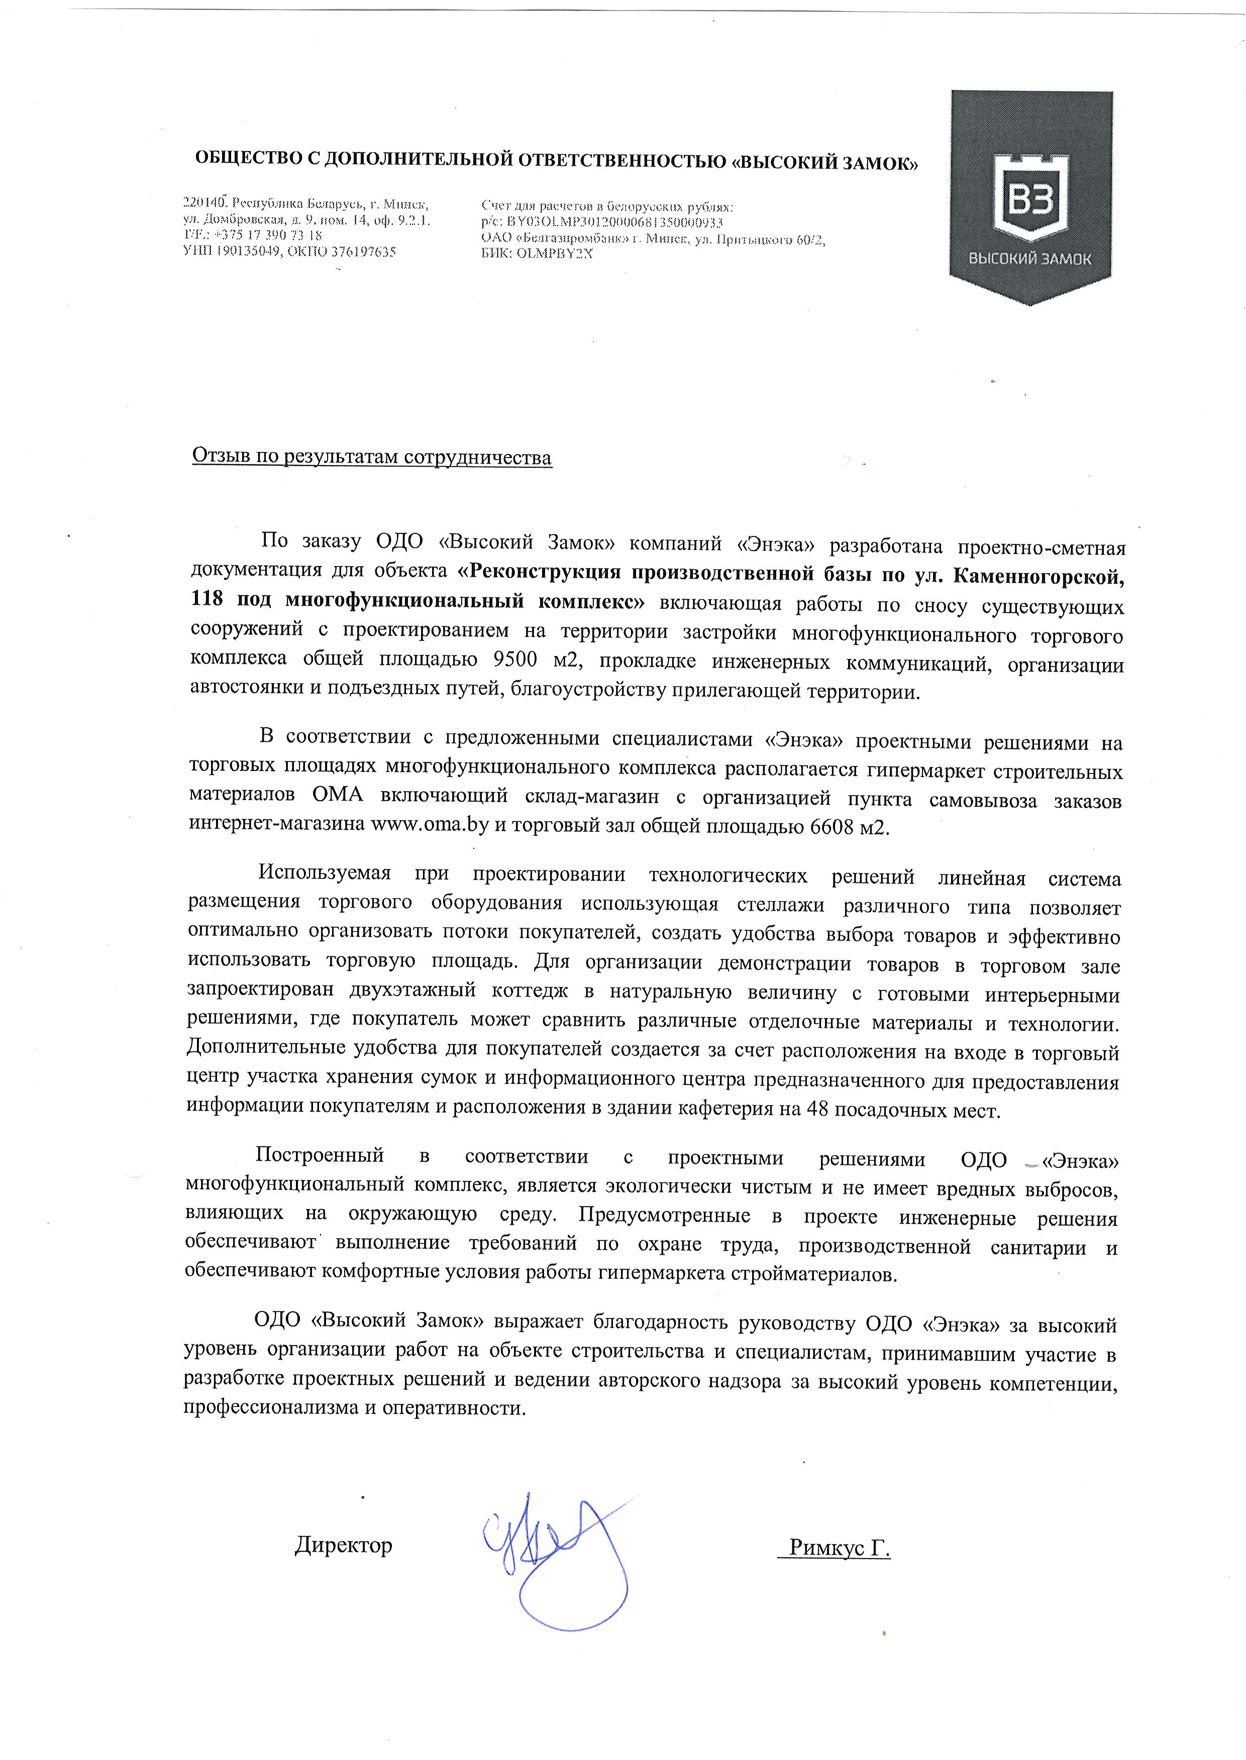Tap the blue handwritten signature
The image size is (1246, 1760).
[x=553, y=1542]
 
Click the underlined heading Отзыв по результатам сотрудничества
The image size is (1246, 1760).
[x=371, y=458]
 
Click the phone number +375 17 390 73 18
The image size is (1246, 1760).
[x=267, y=236]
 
